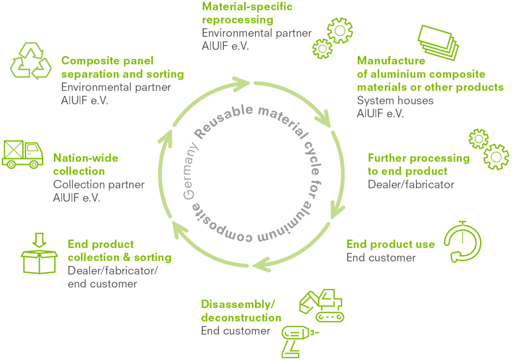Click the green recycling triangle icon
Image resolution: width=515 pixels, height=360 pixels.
(x=31, y=61)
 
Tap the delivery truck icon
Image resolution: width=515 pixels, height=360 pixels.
(x=23, y=153)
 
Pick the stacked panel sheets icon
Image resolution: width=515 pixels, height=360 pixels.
(x=438, y=43)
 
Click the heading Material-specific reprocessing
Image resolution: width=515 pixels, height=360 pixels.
(x=246, y=14)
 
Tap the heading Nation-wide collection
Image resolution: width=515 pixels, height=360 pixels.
(x=85, y=164)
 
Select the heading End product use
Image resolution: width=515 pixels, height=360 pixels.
(x=390, y=244)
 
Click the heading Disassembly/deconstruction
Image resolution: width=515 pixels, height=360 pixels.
(x=241, y=311)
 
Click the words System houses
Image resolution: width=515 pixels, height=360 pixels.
(x=395, y=101)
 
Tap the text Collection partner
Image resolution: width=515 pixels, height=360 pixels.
(x=99, y=185)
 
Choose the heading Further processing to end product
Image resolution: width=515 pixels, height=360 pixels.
(x=418, y=164)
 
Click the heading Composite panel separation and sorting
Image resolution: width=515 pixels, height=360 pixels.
(x=122, y=67)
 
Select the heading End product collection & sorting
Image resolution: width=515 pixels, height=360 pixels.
(x=119, y=251)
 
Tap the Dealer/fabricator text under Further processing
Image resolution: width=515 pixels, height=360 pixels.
(x=410, y=185)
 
